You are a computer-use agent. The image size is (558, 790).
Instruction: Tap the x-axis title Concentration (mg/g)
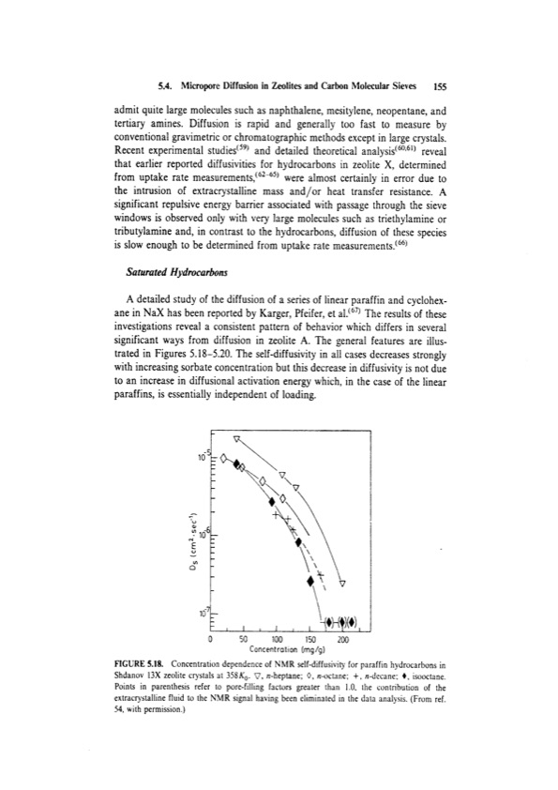(x=279, y=646)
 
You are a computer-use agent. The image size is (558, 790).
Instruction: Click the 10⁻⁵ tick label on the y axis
(x=204, y=457)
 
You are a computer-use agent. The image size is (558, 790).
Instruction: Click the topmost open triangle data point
(x=237, y=438)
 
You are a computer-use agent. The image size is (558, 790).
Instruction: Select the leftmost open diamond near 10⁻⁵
(x=223, y=458)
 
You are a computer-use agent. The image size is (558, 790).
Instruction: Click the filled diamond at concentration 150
(x=310, y=581)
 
